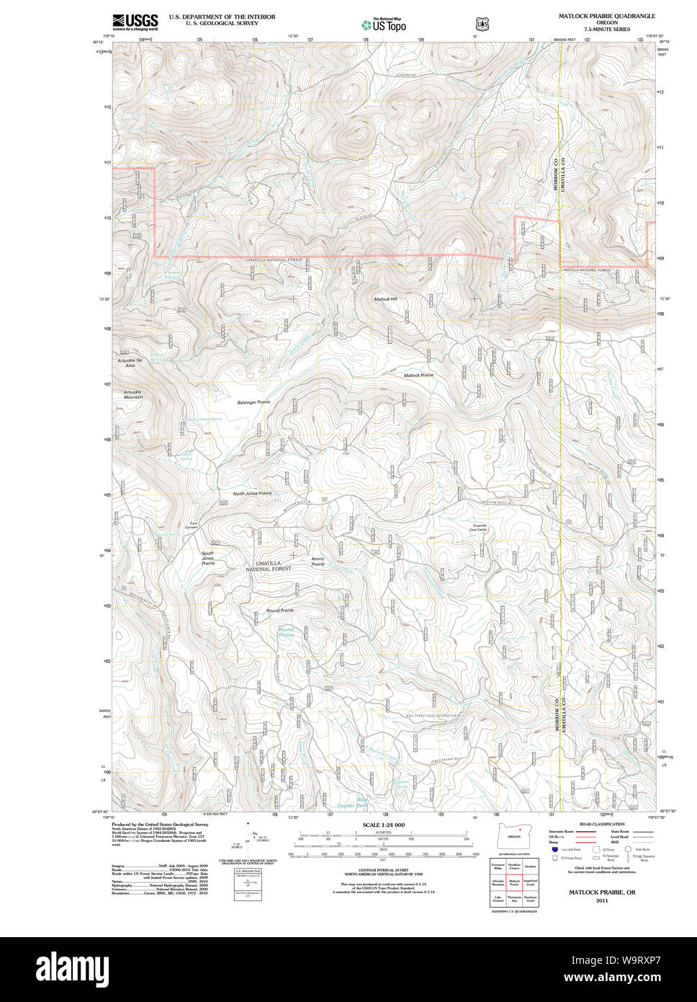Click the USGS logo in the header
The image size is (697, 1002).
135,22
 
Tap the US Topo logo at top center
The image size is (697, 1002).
383,25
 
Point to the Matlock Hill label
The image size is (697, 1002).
385,298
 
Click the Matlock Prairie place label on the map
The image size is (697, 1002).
418,375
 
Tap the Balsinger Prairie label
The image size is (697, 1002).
253,402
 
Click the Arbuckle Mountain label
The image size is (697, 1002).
132,394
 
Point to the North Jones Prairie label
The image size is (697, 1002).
252,493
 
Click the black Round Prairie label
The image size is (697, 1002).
280,610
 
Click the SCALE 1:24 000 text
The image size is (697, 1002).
383,825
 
